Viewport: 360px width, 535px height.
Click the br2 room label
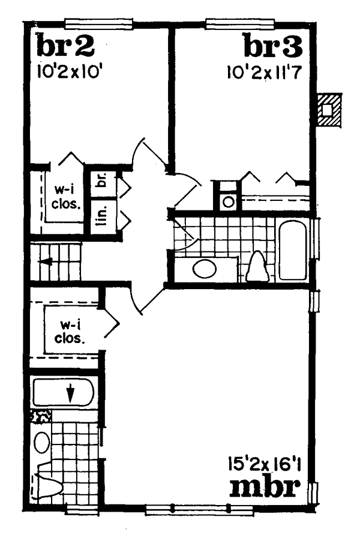pos(65,45)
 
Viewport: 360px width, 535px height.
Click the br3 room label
pos(273,45)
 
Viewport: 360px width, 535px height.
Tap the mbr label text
pos(265,488)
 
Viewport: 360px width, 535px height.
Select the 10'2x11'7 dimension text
pos(265,72)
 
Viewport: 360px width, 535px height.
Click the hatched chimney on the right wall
pos(328,110)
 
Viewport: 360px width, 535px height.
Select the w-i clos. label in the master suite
pos(69,332)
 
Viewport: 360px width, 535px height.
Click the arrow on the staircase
pos(45,262)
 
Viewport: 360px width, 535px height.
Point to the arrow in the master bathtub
pos(70,393)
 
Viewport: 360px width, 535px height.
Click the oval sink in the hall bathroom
pos(205,269)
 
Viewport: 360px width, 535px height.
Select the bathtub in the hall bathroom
pos(293,251)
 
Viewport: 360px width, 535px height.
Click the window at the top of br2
pos(98,23)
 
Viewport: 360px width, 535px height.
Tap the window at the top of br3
pos(240,23)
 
